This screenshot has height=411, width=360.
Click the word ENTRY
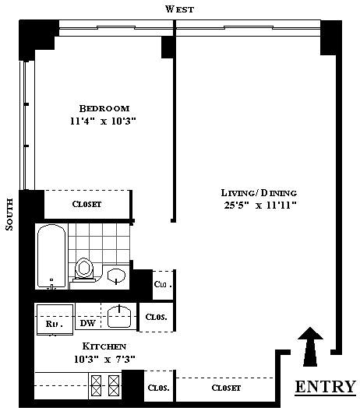(x=326, y=387)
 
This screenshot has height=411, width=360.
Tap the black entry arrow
(x=310, y=346)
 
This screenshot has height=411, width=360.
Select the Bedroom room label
(x=104, y=108)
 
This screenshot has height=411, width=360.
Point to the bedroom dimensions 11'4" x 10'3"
(x=103, y=121)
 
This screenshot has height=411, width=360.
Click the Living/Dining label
(x=259, y=193)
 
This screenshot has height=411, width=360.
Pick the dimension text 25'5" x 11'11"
(x=260, y=205)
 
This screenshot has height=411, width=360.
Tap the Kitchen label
(x=104, y=346)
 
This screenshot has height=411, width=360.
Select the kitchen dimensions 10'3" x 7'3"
(x=104, y=359)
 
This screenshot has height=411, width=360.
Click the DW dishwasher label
(x=87, y=323)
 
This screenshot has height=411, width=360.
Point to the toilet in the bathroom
(x=84, y=269)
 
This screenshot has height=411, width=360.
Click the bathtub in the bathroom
(x=51, y=256)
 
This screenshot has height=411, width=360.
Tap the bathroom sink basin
(x=116, y=276)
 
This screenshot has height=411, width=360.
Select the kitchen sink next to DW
(x=119, y=316)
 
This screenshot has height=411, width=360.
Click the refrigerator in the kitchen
(x=55, y=319)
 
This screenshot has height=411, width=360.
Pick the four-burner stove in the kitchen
(x=105, y=385)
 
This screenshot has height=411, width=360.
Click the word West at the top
(x=180, y=9)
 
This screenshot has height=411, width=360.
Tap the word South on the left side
(x=9, y=214)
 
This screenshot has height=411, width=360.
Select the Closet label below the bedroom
(x=86, y=204)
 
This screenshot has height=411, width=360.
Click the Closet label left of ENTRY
(x=226, y=388)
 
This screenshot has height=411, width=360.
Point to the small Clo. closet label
(x=163, y=284)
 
